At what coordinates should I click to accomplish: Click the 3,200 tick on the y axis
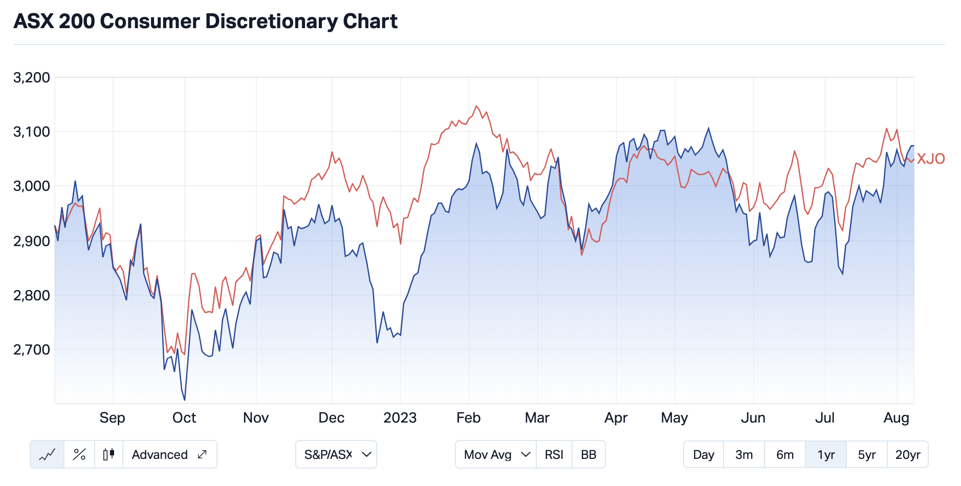click(x=32, y=78)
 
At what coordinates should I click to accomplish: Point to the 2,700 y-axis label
click(x=32, y=350)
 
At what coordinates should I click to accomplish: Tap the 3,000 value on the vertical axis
click(x=32, y=186)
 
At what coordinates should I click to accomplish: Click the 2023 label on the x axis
click(x=400, y=418)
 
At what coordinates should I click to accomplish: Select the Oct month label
click(x=184, y=418)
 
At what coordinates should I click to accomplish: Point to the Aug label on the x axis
click(x=896, y=418)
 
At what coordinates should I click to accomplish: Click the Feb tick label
click(x=469, y=418)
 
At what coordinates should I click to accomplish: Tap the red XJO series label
click(x=931, y=159)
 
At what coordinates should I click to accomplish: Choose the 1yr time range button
click(x=826, y=455)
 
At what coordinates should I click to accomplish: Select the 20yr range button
click(x=908, y=455)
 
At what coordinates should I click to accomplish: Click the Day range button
click(x=704, y=455)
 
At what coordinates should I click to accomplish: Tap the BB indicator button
click(x=588, y=455)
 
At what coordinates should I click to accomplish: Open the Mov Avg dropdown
click(x=496, y=455)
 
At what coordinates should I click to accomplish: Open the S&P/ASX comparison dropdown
click(x=336, y=455)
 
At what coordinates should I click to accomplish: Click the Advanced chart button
click(x=169, y=455)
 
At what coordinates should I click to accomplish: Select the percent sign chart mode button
click(x=79, y=455)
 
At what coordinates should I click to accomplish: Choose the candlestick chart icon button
click(x=108, y=455)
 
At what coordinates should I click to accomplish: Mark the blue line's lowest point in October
click(x=185, y=400)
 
